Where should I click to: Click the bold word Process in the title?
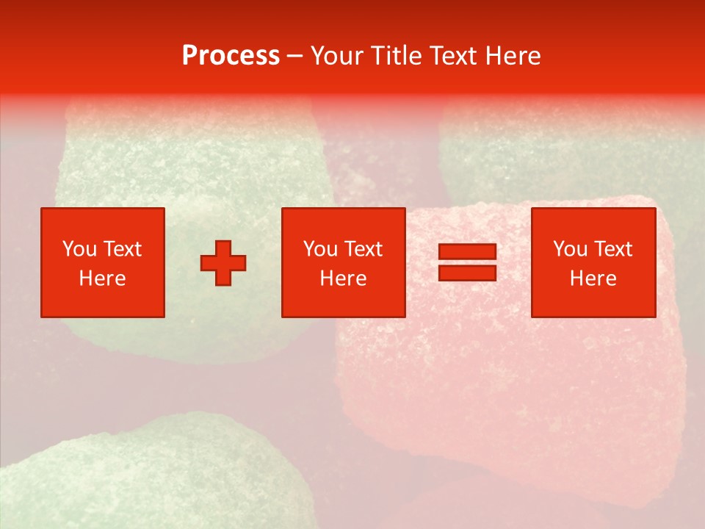click(x=231, y=56)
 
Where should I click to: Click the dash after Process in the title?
click(x=294, y=57)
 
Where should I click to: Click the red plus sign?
click(x=223, y=262)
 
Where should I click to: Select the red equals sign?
click(x=467, y=262)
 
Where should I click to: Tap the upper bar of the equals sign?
click(x=467, y=252)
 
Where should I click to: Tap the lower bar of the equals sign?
click(x=467, y=273)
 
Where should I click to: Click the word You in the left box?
click(x=79, y=249)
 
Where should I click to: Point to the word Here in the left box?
click(x=102, y=278)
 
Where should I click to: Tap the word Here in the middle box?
click(x=343, y=278)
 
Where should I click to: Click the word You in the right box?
click(x=570, y=249)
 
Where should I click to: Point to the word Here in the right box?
click(x=593, y=278)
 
